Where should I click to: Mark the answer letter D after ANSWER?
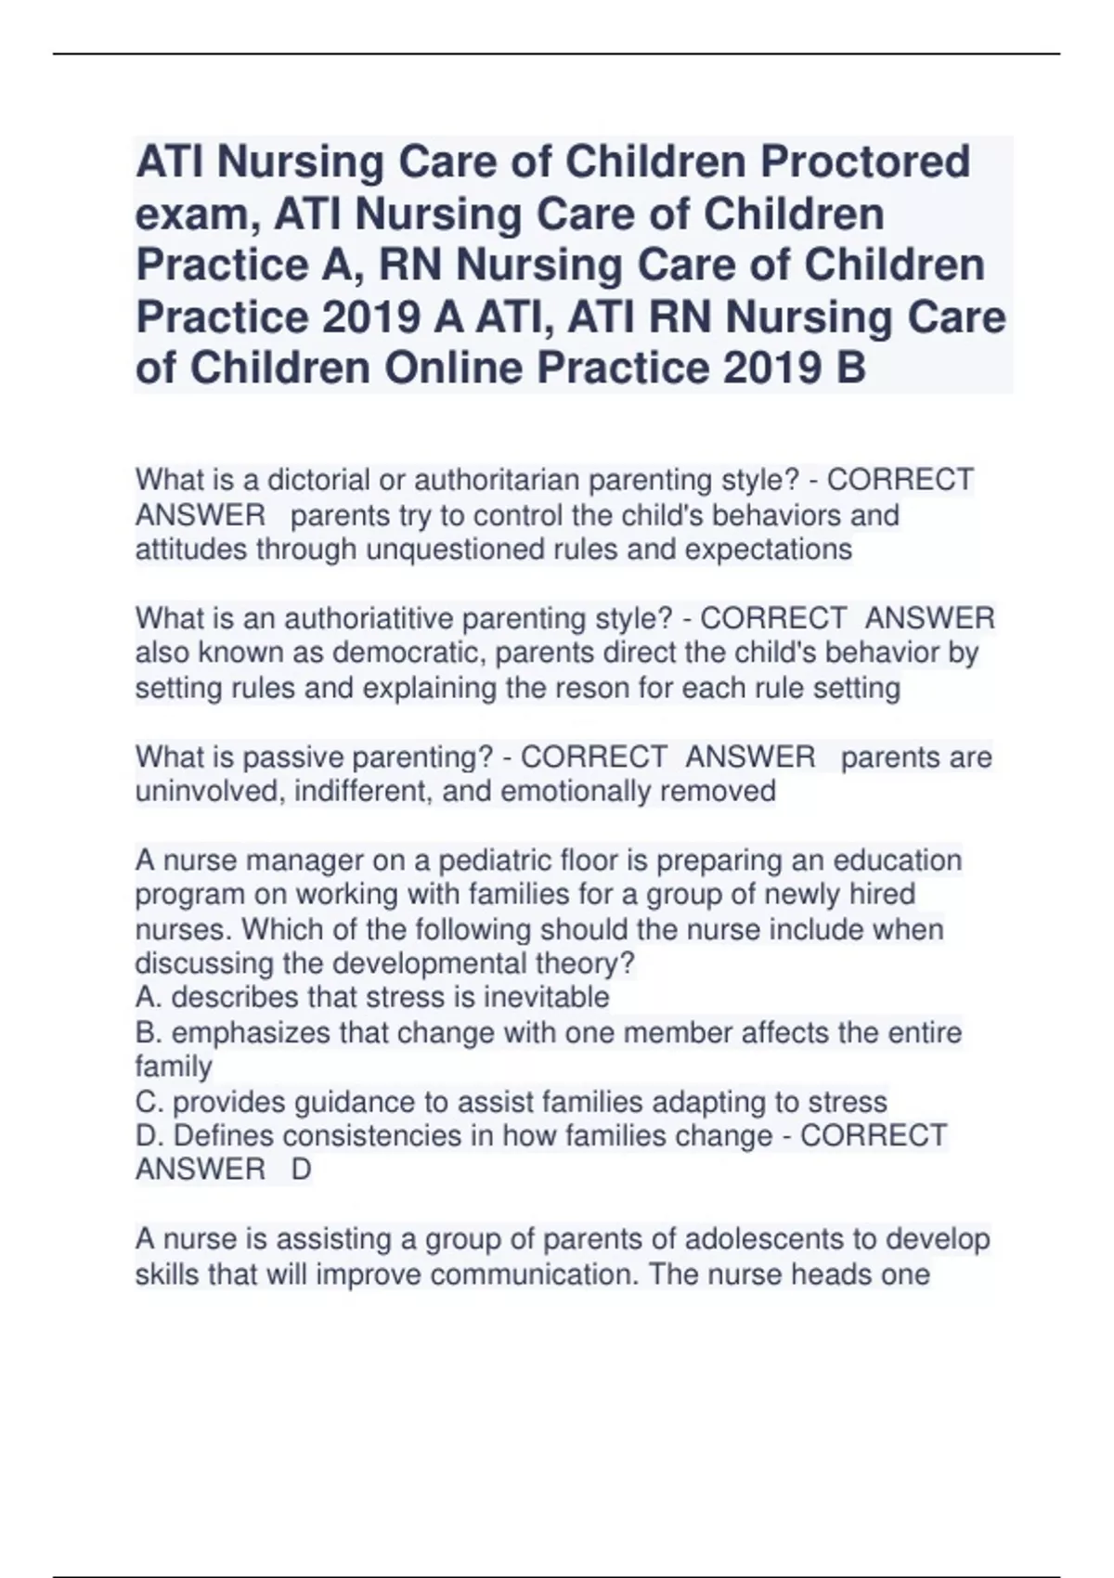pos(302,1171)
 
